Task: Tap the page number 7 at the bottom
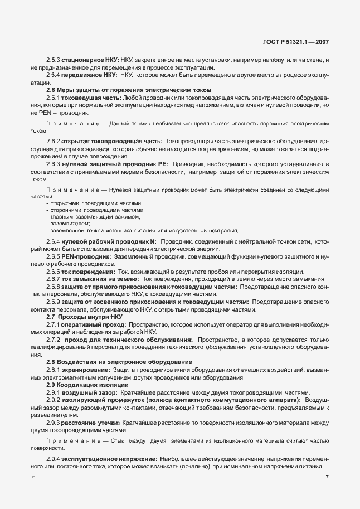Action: [x=327, y=477]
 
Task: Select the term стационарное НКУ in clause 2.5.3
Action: [x=87, y=60]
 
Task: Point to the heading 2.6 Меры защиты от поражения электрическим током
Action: [x=129, y=90]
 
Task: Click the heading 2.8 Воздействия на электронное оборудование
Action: [x=119, y=362]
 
